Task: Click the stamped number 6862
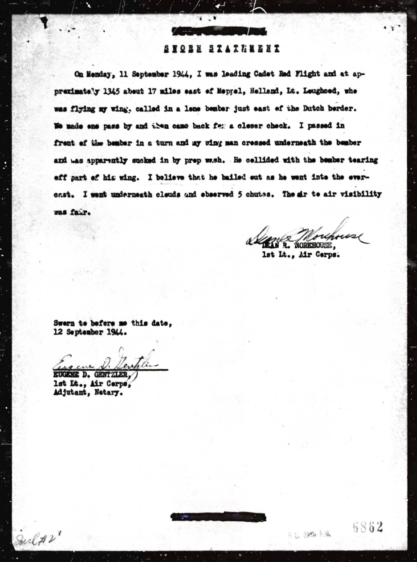tap(368, 527)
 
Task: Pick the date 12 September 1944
tap(90, 333)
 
